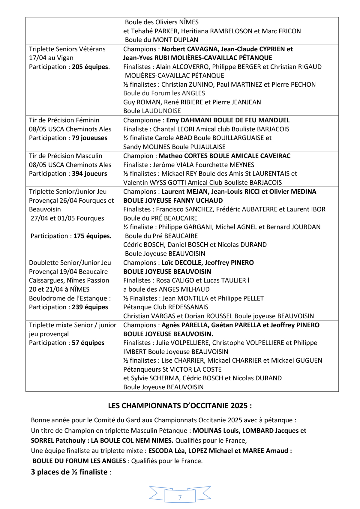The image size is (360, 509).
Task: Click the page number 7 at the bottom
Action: [180, 497]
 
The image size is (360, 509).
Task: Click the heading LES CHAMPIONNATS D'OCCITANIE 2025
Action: [180, 406]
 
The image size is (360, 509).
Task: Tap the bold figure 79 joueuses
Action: [89, 138]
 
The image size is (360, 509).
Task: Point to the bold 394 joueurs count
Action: [89, 173]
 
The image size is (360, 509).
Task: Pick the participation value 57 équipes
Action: [88, 343]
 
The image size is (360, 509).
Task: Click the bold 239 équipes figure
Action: [90, 307]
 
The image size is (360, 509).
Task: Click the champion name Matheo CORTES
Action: [179, 156]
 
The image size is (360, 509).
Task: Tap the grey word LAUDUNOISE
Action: [161, 111]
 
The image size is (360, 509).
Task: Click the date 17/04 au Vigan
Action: [51, 58]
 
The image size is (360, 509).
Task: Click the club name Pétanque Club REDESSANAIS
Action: [166, 307]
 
